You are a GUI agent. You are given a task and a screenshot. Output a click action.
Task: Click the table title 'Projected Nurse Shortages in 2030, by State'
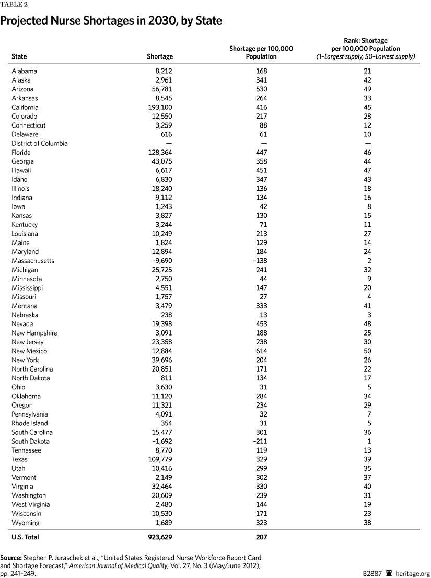[x=111, y=21]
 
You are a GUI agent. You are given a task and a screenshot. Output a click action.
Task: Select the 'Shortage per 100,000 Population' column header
[x=261, y=52]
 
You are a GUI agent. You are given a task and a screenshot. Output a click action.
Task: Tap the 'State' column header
[x=19, y=56]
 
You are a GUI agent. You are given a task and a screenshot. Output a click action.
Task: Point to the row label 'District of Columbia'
[x=40, y=143]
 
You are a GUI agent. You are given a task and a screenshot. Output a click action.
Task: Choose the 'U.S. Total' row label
[x=25, y=537]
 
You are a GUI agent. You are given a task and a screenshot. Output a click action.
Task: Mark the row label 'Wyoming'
[x=25, y=523]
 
